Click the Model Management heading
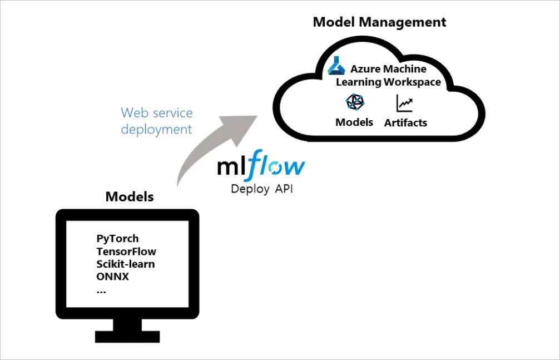coord(379,22)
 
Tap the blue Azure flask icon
coord(336,66)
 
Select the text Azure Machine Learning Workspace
coord(388,75)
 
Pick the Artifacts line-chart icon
coord(404,103)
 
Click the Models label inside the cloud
coord(354,122)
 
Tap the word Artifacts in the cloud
coord(405,122)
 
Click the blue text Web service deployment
coord(157,121)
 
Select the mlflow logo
coord(261,166)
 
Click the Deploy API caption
coord(261,189)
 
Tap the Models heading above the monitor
coord(130,196)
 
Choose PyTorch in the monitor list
coord(117,239)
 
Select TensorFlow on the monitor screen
coord(126,251)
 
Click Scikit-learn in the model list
coord(126,264)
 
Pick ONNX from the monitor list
coord(112,277)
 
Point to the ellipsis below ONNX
coord(101,290)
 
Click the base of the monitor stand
coord(127,336)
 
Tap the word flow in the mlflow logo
coord(276,166)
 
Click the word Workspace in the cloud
coord(412,82)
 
